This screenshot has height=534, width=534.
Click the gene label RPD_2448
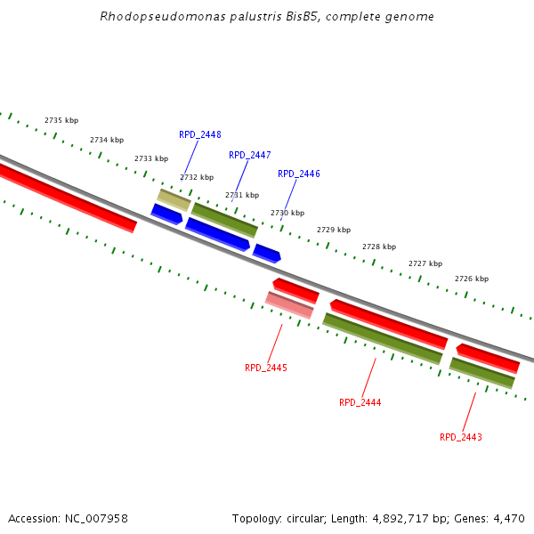(x=200, y=135)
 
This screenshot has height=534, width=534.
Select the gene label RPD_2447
(x=250, y=155)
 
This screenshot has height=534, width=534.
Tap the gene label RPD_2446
(x=299, y=174)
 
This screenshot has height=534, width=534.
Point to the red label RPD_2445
(x=266, y=368)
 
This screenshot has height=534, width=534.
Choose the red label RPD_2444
(x=360, y=403)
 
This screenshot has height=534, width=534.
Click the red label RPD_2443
(x=461, y=437)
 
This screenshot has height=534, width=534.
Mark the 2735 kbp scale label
(x=61, y=120)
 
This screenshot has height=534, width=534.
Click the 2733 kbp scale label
(x=151, y=158)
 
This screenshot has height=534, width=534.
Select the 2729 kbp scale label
(x=334, y=230)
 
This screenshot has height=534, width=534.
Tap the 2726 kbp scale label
(x=472, y=279)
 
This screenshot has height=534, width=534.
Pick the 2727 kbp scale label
(x=425, y=263)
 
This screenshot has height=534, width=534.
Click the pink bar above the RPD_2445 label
(x=289, y=304)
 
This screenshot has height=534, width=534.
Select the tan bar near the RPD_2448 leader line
(x=174, y=199)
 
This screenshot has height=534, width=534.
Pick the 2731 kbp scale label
(x=242, y=195)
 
